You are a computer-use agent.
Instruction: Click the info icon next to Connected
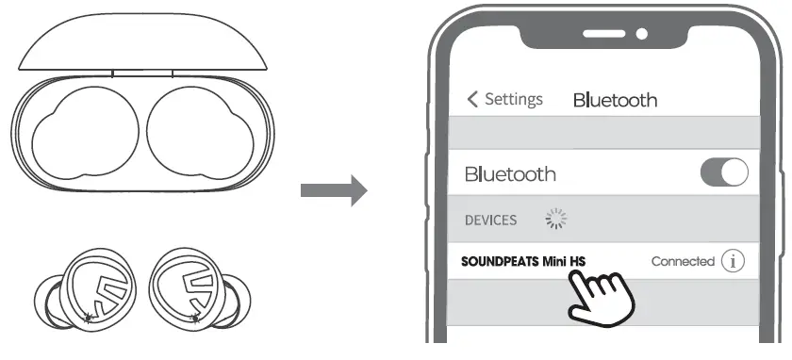pos(733,262)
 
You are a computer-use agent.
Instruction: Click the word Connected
pos(683,262)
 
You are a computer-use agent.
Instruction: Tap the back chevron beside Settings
pos(472,99)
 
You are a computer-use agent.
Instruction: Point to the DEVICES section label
pos(490,220)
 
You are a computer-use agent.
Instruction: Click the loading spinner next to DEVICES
pos(556,220)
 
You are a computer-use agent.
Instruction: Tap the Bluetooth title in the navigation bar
pos(615,100)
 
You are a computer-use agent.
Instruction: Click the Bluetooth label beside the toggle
pos(510,174)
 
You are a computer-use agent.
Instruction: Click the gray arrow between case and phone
pos(333,190)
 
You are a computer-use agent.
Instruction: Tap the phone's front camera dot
pos(642,35)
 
